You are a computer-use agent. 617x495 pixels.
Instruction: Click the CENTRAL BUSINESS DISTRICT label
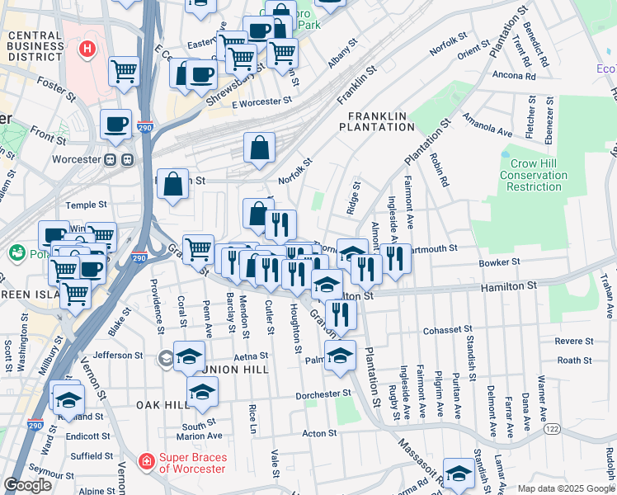[35, 46]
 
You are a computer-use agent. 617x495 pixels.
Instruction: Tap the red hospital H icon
[87, 49]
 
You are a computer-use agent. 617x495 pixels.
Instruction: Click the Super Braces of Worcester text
[198, 463]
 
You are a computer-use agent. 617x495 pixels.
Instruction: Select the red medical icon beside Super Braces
[146, 460]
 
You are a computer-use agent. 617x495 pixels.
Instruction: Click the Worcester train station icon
[118, 159]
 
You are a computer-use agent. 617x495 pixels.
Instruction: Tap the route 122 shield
[552, 430]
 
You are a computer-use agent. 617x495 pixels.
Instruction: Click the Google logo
[28, 485]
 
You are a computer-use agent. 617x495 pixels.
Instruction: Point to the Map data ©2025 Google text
[565, 488]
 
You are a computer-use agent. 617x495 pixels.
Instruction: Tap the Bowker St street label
[499, 262]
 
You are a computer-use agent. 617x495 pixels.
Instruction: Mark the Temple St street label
[87, 204]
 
